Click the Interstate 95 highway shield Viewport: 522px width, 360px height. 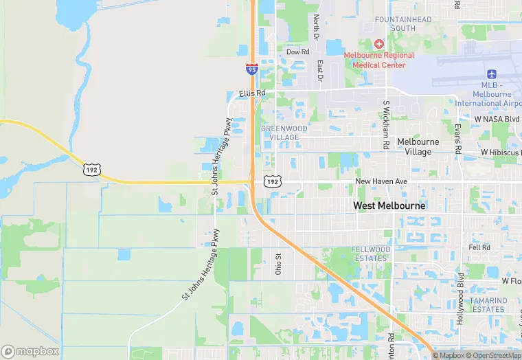pyautogui.click(x=251, y=68)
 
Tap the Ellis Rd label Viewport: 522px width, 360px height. pyautogui.click(x=251, y=93)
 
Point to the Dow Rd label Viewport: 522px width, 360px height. pyautogui.click(x=297, y=52)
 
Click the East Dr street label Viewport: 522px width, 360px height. pyautogui.click(x=320, y=71)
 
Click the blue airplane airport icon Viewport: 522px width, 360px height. pyautogui.click(x=491, y=74)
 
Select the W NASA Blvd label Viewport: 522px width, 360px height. pyautogui.click(x=497, y=119)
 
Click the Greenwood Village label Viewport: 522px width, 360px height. pyautogui.click(x=284, y=133)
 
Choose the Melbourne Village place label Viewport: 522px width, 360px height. pyautogui.click(x=418, y=146)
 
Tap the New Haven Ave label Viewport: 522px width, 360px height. pyautogui.click(x=381, y=181)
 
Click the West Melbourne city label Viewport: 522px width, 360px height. pyautogui.click(x=389, y=205)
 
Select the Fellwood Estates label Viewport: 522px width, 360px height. pyautogui.click(x=370, y=254)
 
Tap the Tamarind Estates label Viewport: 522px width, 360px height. pyautogui.click(x=488, y=305)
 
